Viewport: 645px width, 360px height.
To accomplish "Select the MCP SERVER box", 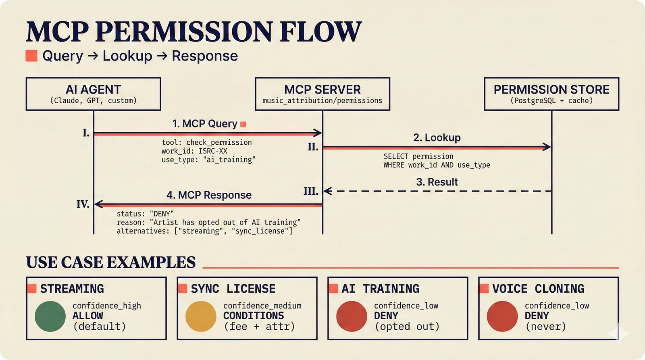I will [x=322, y=94].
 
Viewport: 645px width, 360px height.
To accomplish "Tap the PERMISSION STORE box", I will [x=551, y=94].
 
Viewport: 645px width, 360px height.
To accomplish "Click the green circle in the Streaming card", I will [x=50, y=316].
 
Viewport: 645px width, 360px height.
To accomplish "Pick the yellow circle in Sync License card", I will [x=201, y=316].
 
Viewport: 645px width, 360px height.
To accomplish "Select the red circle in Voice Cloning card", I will [x=502, y=316].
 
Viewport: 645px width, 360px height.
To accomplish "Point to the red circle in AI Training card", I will [x=352, y=316].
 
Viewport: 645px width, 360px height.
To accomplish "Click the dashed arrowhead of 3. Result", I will [x=327, y=191].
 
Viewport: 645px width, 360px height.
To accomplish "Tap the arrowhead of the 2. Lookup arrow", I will [x=547, y=147].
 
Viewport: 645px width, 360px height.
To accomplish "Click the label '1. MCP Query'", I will [x=205, y=124].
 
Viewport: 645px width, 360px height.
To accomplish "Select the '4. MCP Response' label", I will [x=209, y=195].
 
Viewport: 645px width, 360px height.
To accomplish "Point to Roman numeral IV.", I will [x=83, y=204].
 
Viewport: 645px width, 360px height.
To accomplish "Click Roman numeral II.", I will [x=313, y=147].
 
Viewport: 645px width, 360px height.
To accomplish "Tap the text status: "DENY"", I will [x=145, y=214].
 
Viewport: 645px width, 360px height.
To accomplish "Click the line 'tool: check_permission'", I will [x=206, y=142].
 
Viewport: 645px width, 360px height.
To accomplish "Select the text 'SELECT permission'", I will [x=418, y=156].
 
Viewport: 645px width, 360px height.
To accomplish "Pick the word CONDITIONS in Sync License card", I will [x=254, y=316].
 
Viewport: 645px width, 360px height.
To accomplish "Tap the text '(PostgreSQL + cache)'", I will [x=551, y=101].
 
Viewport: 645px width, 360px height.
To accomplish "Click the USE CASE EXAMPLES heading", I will [x=111, y=262].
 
